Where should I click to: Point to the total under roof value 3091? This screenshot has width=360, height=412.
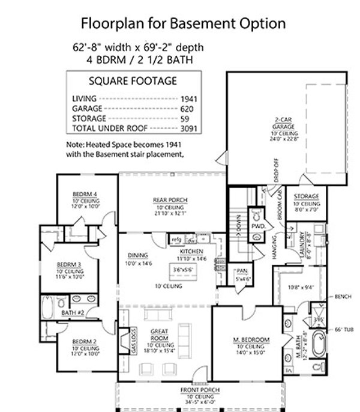[190, 128]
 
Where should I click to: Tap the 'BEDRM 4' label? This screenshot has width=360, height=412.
[85, 194]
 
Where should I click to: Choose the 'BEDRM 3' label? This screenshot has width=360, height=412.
[69, 264]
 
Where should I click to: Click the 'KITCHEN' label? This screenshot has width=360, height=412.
[191, 251]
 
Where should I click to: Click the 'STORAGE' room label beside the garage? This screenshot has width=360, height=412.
[306, 196]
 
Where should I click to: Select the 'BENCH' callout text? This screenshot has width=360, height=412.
[343, 297]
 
